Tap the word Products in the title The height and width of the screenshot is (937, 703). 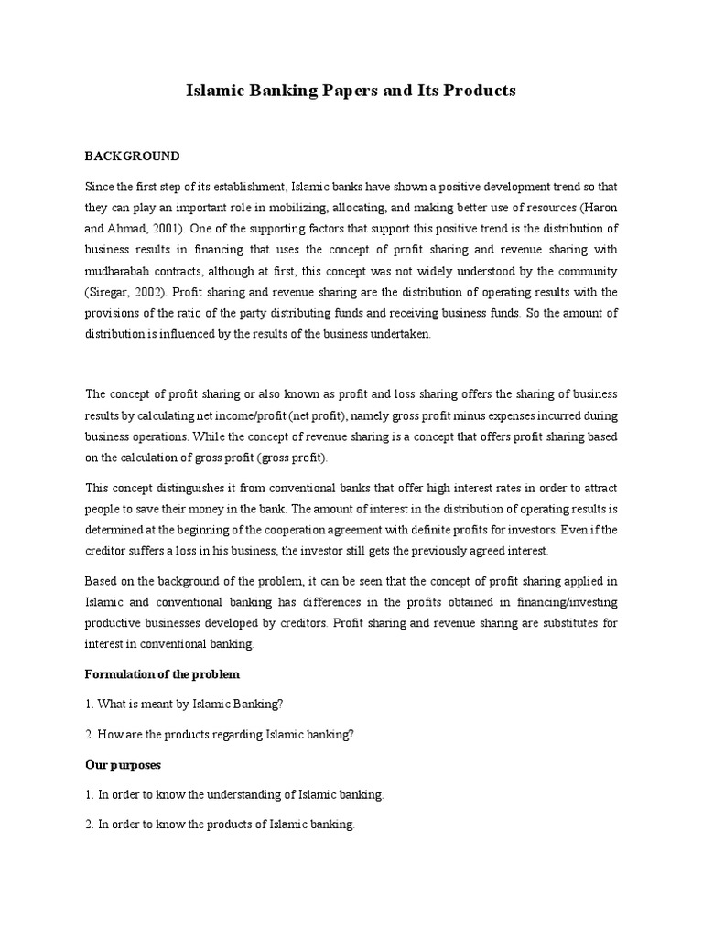[x=476, y=91]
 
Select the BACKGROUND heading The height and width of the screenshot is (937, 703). [x=133, y=156]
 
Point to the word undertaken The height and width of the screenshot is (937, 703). [x=400, y=335]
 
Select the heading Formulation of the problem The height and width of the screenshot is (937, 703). [x=161, y=674]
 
